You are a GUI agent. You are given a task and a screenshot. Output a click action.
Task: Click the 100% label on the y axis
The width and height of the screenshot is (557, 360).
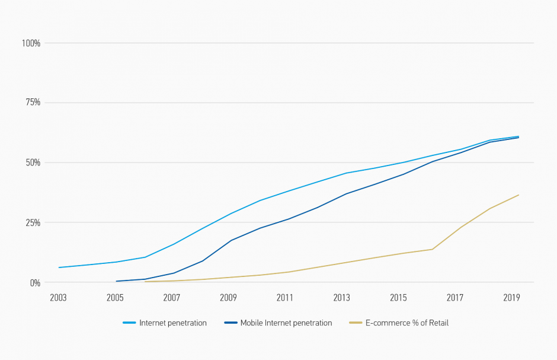tap(31, 43)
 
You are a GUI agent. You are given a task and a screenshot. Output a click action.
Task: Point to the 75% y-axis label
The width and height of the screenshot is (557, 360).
tap(33, 103)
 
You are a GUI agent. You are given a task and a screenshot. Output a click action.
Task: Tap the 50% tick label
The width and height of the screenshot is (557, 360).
tap(33, 163)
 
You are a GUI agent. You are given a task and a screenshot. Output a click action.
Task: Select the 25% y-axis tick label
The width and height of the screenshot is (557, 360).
tap(33, 222)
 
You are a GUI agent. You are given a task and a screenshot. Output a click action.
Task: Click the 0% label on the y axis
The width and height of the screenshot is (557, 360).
tap(35, 283)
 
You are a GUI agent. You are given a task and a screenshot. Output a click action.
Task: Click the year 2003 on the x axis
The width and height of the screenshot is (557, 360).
tap(58, 297)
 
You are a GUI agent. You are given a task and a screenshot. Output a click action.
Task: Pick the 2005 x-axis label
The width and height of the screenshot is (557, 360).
tap(115, 297)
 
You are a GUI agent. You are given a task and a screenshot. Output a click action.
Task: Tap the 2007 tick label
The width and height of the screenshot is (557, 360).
tap(172, 297)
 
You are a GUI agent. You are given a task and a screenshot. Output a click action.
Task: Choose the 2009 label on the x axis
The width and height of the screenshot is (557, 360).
tap(229, 297)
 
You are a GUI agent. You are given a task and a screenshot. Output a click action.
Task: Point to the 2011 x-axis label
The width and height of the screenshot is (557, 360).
tap(285, 297)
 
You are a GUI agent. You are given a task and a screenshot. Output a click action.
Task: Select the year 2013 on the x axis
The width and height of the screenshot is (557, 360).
tap(342, 297)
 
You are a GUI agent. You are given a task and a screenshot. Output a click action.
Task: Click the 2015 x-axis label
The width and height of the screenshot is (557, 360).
tap(399, 297)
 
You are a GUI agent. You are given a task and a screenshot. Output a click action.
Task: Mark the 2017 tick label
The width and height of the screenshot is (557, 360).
tap(455, 297)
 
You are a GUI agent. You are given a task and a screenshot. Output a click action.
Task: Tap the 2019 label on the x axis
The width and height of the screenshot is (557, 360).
tap(512, 297)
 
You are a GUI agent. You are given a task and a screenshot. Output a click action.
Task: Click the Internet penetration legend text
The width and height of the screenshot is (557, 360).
tap(173, 323)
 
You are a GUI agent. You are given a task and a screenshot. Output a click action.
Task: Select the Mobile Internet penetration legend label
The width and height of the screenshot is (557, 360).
tap(286, 323)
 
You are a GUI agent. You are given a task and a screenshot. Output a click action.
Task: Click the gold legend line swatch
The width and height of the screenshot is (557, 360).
tap(356, 323)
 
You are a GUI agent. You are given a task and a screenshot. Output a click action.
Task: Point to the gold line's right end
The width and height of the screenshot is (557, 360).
tap(519, 195)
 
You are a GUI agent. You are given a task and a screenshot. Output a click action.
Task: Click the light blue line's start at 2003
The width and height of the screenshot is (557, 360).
tap(59, 267)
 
